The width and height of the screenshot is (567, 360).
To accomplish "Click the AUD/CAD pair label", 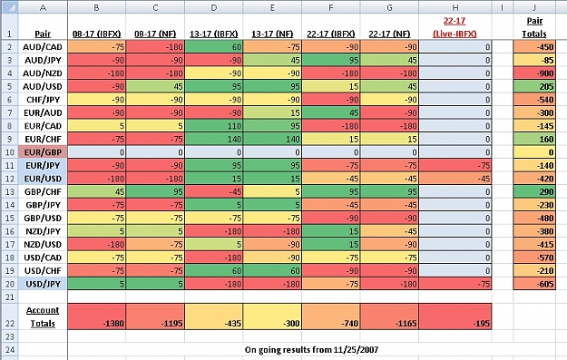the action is (x=43, y=47).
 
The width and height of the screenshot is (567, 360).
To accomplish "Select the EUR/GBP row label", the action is (x=43, y=152).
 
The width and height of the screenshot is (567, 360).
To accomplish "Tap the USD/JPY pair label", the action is (x=43, y=284).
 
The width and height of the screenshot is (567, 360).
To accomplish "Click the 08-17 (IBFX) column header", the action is (x=96, y=34).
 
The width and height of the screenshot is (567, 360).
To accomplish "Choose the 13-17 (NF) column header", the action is (x=272, y=34).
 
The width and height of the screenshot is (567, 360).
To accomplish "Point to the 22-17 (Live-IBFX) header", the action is (x=455, y=27).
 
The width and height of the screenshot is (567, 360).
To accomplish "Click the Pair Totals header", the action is (x=534, y=27).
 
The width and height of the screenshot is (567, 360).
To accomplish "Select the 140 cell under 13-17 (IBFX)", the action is (x=214, y=139).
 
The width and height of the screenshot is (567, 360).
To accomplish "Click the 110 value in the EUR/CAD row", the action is (x=214, y=126).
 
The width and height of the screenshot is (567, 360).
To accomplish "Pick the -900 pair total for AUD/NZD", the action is (x=534, y=73).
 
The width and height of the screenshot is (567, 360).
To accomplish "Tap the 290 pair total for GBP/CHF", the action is (x=534, y=192).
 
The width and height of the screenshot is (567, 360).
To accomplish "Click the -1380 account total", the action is (x=96, y=316).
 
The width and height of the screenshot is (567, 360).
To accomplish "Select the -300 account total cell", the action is (x=272, y=316).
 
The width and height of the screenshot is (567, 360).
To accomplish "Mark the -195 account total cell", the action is (x=455, y=316).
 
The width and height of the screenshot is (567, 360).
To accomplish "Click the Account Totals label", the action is (x=43, y=317).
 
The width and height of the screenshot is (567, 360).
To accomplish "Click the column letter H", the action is (x=455, y=7).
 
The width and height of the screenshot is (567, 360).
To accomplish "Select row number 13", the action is (x=9, y=192).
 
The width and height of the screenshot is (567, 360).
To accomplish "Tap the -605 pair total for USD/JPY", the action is (x=534, y=284).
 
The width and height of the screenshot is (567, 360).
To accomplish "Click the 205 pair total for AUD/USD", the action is (x=534, y=86).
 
